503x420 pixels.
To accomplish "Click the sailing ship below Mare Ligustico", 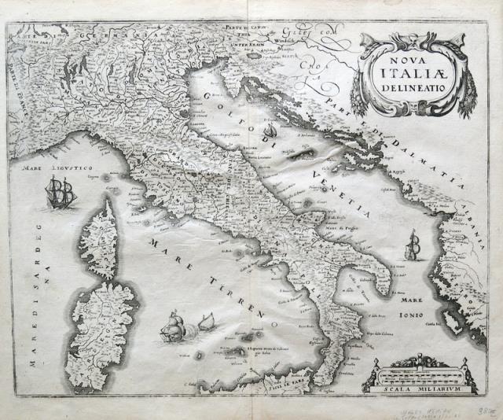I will coord(61,192).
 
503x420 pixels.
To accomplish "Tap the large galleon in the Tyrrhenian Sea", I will coord(172,327).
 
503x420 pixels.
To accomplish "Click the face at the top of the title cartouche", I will coord(408,37).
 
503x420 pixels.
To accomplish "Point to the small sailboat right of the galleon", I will coord(206,322).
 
